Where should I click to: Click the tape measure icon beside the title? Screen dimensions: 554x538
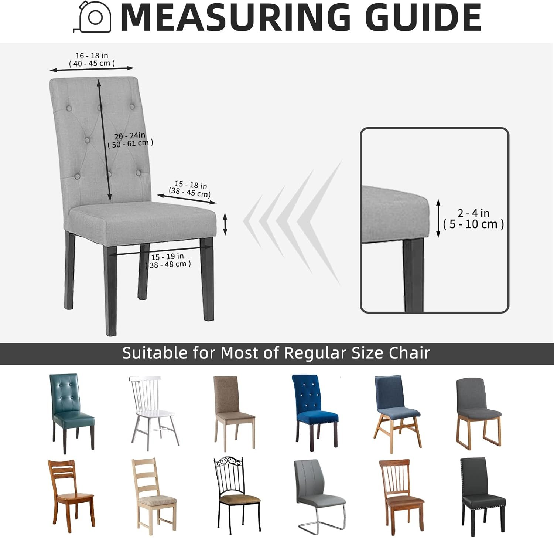tap(92, 17)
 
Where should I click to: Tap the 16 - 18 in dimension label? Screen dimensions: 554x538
tap(92, 55)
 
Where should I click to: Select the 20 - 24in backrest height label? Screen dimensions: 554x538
tap(130, 136)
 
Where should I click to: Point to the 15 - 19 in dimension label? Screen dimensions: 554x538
tap(167, 257)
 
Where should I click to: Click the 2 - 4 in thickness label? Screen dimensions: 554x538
tap(473, 213)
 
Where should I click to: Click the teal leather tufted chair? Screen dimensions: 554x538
tap(72, 413)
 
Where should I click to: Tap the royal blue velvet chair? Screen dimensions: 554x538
tap(315, 413)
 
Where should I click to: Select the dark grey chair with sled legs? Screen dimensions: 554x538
tap(479, 414)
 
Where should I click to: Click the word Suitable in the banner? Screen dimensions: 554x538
tap(155, 353)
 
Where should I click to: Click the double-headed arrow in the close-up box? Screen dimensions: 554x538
tap(438, 218)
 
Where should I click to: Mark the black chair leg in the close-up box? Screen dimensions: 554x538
tap(413, 275)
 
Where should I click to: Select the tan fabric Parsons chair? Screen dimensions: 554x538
tap(235, 413)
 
